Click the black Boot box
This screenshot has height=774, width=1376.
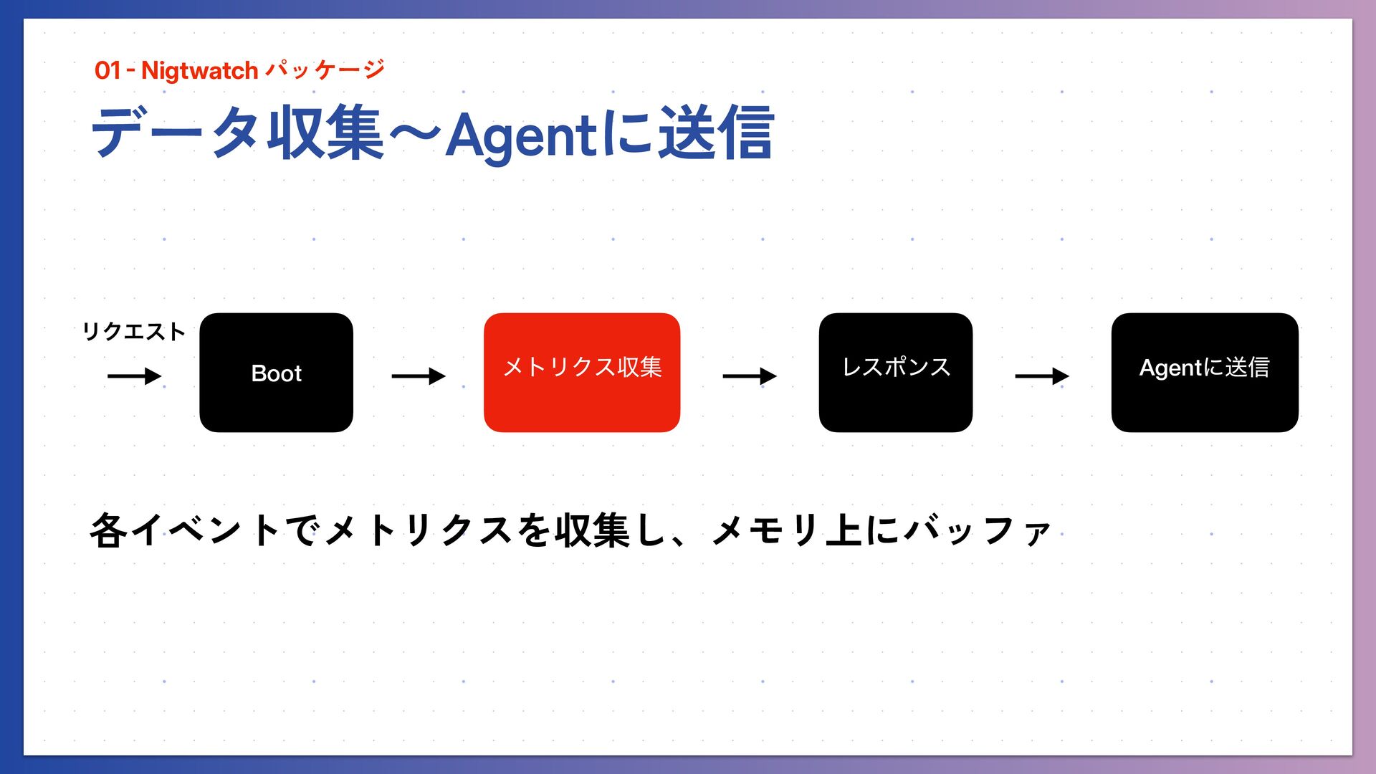[x=276, y=373]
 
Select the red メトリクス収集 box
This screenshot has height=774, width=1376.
[x=581, y=373]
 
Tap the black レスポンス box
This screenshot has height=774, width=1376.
[x=895, y=373]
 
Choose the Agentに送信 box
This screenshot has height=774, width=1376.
[x=1204, y=373]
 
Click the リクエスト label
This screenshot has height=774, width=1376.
[x=133, y=332]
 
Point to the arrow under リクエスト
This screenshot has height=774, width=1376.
[x=134, y=376]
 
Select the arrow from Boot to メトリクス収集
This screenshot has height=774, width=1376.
[x=419, y=376]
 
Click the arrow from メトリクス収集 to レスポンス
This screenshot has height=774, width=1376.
[x=750, y=376]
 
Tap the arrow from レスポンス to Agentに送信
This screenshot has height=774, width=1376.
[x=1042, y=376]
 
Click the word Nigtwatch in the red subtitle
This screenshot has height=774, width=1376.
[x=199, y=71]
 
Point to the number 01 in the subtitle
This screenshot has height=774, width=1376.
[x=107, y=71]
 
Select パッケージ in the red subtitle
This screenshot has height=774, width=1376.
[x=325, y=70]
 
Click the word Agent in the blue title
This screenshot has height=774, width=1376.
[x=521, y=135]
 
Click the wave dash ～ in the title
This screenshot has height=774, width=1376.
[x=415, y=134]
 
